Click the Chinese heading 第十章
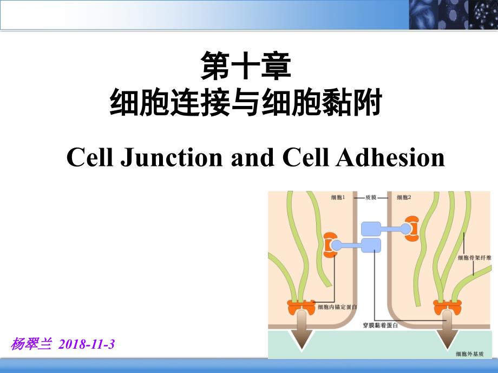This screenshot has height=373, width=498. click(x=246, y=66)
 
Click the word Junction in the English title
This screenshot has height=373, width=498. click(x=172, y=157)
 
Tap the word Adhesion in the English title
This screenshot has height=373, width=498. click(x=390, y=157)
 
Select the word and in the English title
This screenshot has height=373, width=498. click(x=252, y=158)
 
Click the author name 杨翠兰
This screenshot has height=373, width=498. click(x=31, y=344)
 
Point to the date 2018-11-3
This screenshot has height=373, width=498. click(x=87, y=344)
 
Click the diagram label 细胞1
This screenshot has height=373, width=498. click(x=338, y=197)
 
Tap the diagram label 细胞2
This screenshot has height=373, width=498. click(x=404, y=197)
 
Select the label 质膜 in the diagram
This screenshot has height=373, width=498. click(x=371, y=197)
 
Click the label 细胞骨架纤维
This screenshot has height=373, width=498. click(x=475, y=257)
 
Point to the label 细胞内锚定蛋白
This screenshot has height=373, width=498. click(x=338, y=307)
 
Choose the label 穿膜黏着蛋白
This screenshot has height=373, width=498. click(x=381, y=325)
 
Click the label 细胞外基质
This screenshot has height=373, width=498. click(x=470, y=354)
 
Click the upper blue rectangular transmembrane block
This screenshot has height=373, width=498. click(x=371, y=229)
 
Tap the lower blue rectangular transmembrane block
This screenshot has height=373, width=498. click(x=371, y=245)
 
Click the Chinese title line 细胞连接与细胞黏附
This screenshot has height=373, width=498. click(x=246, y=102)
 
